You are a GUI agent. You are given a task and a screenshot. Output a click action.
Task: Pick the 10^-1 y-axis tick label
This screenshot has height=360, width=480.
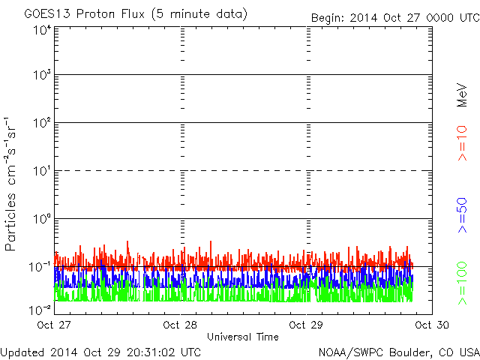coord(40,267)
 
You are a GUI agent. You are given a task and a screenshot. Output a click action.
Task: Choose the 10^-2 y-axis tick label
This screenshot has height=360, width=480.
coord(40,310)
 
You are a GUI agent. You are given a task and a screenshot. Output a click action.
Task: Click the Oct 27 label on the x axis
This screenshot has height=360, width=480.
coord(54,325)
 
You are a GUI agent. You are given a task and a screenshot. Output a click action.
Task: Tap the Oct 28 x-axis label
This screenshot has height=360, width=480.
coord(180,325)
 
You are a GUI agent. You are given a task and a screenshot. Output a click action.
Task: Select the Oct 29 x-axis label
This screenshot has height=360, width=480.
coord(306,325)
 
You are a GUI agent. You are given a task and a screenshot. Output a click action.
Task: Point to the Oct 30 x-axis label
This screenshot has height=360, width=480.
coord(432,325)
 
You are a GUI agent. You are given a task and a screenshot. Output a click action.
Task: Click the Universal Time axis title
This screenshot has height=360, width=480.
coord(243,337)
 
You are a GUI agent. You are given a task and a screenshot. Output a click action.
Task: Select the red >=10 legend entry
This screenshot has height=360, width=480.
coord(462,143)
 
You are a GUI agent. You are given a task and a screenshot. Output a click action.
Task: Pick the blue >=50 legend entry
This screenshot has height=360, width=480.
coord(462,215)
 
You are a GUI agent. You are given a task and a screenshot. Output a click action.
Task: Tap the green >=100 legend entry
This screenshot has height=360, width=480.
coord(462,283)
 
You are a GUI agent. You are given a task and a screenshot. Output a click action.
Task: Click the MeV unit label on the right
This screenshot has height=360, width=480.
coord(462,95)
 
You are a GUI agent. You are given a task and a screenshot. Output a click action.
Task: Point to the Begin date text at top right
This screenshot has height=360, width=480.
coord(395,18)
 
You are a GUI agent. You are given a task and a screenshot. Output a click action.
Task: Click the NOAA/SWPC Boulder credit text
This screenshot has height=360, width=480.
coord(399,352)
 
